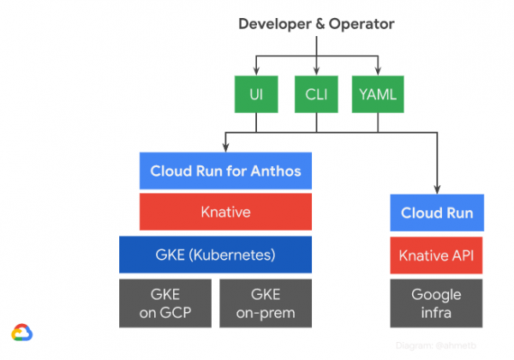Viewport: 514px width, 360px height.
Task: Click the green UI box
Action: click(x=256, y=95)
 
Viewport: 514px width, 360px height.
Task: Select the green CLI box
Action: click(x=316, y=95)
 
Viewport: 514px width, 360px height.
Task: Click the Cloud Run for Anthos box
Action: click(x=225, y=171)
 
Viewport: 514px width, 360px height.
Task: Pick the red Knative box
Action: click(x=225, y=212)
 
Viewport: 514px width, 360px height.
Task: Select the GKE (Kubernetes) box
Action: click(x=215, y=255)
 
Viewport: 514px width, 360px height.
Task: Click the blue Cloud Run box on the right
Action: click(x=437, y=213)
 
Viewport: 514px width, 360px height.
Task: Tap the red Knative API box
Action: click(x=437, y=255)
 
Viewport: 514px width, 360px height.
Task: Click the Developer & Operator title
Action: click(x=316, y=24)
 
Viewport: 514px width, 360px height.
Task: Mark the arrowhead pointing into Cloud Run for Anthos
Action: click(x=225, y=148)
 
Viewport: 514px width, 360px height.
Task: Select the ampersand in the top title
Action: click(x=317, y=24)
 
